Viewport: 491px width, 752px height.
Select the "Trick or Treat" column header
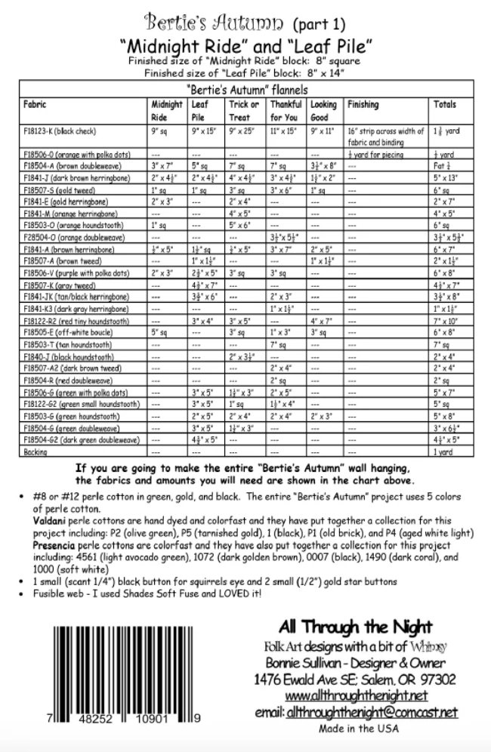pos(244,111)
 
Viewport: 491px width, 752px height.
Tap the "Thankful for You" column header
pos(286,111)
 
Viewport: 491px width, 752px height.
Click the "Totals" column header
pos(445,105)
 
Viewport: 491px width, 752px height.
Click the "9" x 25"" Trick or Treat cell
pos(242,131)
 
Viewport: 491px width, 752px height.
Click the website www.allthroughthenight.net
pos(357,695)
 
